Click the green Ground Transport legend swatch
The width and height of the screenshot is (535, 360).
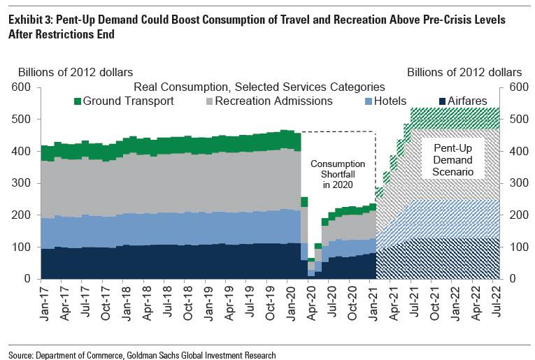tap(78, 101)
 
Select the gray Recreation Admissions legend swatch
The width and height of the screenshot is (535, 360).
tap(209, 101)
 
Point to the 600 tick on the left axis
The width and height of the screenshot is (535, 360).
tap(22, 87)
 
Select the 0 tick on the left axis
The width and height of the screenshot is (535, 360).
tap(27, 279)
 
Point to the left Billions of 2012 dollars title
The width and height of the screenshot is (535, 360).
tap(76, 72)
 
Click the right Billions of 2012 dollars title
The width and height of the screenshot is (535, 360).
tap(464, 72)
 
